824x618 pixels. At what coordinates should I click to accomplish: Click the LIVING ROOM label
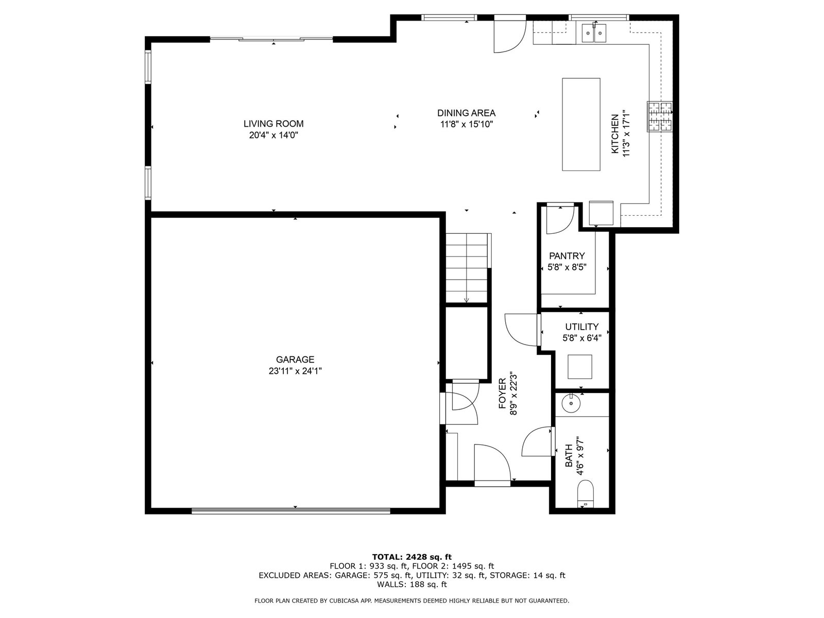tap(273, 124)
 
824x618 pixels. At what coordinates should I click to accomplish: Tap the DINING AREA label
tap(466, 113)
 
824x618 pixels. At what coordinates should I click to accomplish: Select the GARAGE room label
tap(295, 359)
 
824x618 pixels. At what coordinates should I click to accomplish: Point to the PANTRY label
tap(567, 256)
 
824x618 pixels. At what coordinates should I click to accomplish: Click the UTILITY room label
tap(582, 327)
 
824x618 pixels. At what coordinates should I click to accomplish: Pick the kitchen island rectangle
tap(581, 124)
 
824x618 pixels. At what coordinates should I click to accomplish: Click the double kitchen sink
tap(594, 33)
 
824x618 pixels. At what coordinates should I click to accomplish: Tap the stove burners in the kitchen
tap(660, 117)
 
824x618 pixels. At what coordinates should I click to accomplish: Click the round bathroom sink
tap(571, 403)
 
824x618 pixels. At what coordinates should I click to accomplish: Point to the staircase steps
tap(467, 267)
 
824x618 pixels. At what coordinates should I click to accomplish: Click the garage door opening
tap(291, 511)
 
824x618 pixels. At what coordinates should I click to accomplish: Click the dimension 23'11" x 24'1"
tap(295, 371)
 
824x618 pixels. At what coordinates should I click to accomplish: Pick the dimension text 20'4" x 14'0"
tap(273, 135)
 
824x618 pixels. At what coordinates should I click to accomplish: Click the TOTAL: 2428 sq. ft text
tap(412, 557)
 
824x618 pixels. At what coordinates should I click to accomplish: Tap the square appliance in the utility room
tap(579, 367)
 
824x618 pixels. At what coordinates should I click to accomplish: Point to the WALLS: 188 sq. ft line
tap(412, 584)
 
